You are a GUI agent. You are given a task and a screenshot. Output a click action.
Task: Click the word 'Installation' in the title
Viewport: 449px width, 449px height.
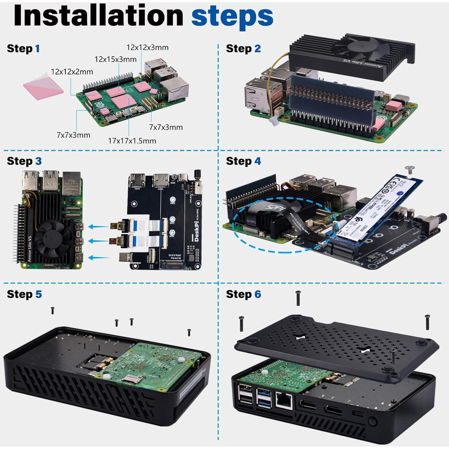click(x=98, y=16)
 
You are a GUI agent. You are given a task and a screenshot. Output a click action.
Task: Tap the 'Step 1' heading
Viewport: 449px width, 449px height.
click(x=23, y=48)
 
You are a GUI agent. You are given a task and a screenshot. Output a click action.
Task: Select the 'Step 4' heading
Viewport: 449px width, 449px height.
click(x=243, y=161)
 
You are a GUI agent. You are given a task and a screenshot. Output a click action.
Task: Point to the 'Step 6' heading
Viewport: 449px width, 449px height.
click(x=243, y=294)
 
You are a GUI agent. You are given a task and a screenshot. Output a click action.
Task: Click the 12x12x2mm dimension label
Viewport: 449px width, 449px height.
click(x=72, y=72)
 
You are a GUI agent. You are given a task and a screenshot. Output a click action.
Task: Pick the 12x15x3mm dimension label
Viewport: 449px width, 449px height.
click(x=115, y=59)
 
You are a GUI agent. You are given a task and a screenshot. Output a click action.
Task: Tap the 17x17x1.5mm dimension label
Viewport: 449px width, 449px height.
click(x=132, y=141)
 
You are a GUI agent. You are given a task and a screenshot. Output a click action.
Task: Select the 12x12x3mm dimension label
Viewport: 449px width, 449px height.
click(x=147, y=47)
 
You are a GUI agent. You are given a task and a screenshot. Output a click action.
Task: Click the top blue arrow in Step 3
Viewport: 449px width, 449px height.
click(x=99, y=227)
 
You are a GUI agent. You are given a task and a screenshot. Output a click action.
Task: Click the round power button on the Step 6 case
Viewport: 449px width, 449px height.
click(x=373, y=421)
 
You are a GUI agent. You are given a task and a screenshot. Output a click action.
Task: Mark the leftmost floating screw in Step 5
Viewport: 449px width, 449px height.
click(x=52, y=310)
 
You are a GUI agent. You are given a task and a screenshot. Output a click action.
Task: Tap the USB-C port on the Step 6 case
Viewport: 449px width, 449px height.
click(x=354, y=412)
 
